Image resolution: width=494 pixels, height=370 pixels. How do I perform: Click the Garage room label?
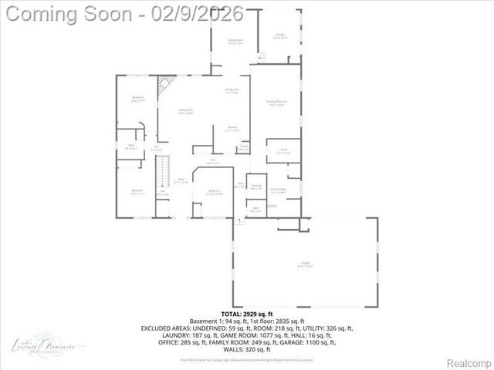click(306, 264)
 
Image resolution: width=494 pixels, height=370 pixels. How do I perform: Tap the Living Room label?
click(185, 112)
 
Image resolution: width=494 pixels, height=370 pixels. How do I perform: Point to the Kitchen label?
click(232, 129)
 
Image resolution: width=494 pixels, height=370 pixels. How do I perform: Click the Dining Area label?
click(232, 91)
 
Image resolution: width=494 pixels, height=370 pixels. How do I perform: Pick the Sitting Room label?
click(235, 42)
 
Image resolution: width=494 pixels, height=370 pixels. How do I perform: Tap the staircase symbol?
click(162, 171)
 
